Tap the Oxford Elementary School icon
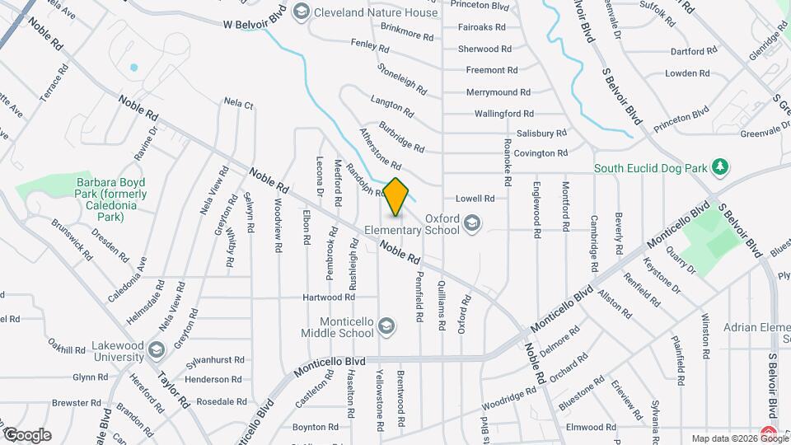coord(471,223)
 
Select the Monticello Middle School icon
coord(386,328)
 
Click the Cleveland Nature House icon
coord(302,12)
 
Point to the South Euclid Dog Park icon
coord(721,167)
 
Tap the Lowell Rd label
coord(475,199)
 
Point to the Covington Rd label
coord(541,153)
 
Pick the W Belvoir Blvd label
coord(256,24)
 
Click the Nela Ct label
coord(238,104)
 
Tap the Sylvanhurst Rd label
coord(215,360)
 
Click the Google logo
coord(27,434)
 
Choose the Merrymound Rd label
coord(502,92)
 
